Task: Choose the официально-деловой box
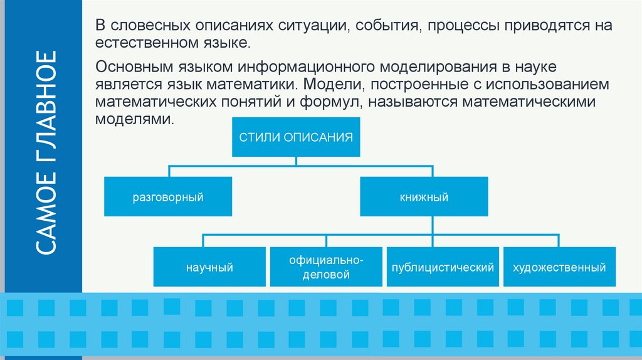[326, 267]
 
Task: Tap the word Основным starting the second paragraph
[129, 66]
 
